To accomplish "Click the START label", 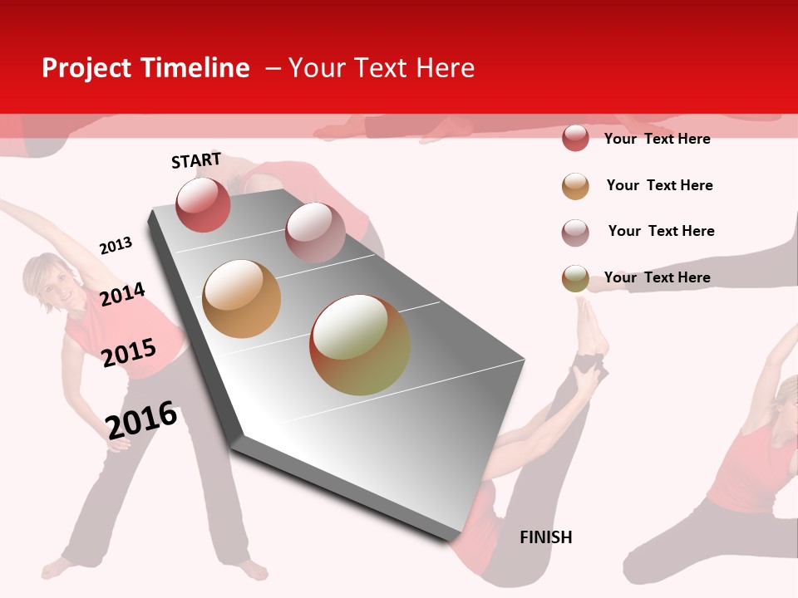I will [196, 160].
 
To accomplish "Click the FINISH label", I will [546, 537].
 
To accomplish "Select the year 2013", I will [116, 245].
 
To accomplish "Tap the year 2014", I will [122, 294].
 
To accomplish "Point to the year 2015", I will [129, 352].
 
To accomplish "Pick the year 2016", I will [142, 419].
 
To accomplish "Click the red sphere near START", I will [203, 205].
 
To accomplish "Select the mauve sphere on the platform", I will [315, 233].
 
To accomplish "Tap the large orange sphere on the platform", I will [242, 299].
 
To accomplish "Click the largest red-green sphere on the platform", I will [360, 345].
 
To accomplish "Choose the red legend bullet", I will [575, 139].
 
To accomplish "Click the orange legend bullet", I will [575, 186].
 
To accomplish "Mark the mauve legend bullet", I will [575, 233].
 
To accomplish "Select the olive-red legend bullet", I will [575, 278].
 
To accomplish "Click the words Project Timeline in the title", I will [145, 68].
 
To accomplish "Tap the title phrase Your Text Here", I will [382, 68].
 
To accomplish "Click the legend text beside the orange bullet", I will [659, 185].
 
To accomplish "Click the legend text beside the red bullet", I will [657, 139].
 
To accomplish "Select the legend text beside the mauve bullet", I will [661, 231].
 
